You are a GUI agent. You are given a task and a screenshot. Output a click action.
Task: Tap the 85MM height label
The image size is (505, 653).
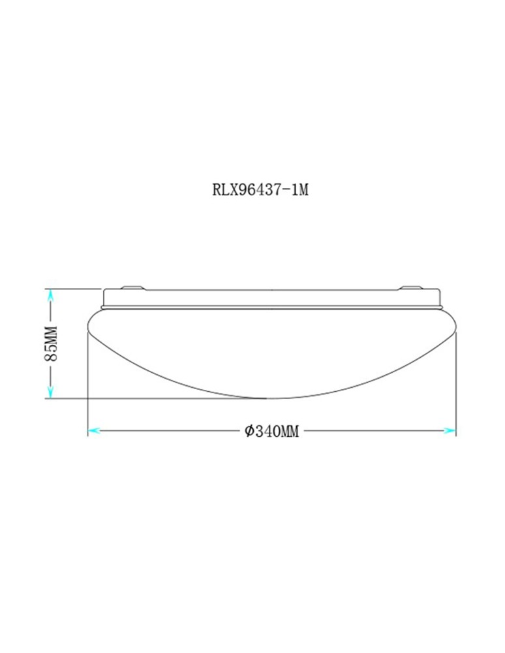point(52,343)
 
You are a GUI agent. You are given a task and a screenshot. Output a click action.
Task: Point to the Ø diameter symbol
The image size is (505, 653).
point(249,432)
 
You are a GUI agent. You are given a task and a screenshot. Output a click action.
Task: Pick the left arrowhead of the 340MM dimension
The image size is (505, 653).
point(93,431)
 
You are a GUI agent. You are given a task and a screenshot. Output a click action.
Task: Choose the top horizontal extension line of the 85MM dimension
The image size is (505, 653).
point(72,289)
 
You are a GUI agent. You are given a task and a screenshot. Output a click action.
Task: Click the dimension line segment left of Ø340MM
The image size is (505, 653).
point(170,431)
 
